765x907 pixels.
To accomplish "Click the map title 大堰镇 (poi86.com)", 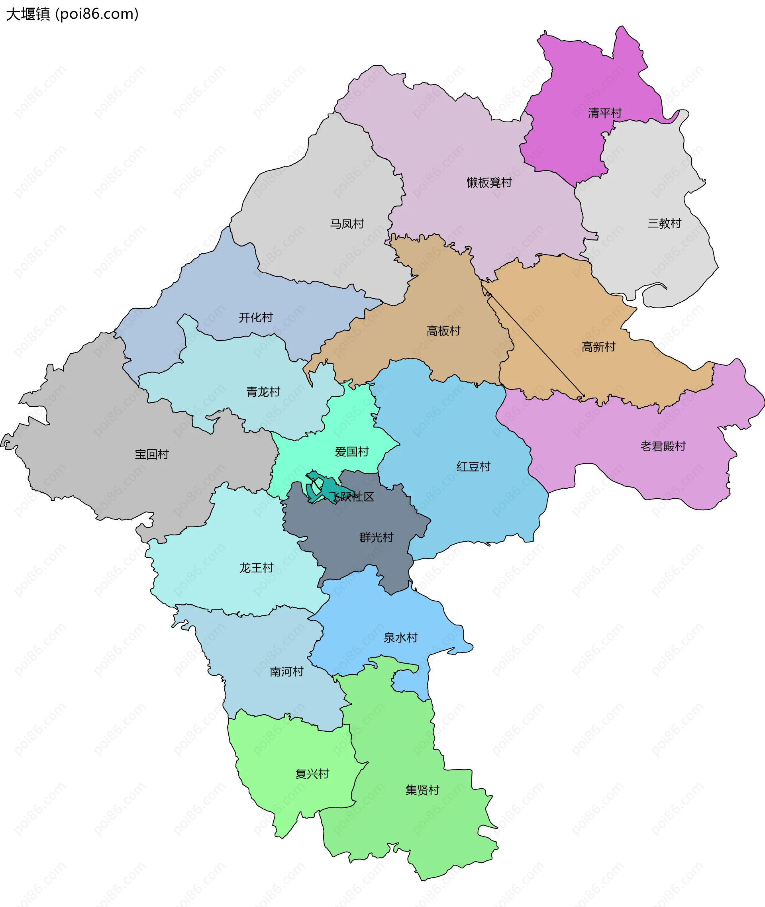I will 72,14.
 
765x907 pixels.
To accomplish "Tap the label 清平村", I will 604,113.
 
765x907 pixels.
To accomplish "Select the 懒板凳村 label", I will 489,182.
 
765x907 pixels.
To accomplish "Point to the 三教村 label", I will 664,223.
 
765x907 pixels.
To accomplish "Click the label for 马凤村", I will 347,224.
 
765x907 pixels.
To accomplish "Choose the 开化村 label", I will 255,317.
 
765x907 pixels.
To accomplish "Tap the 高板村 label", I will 443,331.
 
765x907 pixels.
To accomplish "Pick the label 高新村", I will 598,347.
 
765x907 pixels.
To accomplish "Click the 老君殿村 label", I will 663,446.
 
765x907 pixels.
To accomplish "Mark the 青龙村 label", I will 263,392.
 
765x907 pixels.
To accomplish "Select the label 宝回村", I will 151,454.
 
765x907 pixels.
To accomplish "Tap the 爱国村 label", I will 352,451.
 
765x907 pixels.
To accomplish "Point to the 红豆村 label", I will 473,466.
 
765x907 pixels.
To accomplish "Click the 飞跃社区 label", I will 351,496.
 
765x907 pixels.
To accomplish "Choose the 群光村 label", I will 376,537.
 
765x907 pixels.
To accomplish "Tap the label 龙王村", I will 256,568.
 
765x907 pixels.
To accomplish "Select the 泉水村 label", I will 400,637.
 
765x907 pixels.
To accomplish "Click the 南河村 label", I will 286,672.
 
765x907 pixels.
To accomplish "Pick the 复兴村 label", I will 312,774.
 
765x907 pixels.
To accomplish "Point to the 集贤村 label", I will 422,790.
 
